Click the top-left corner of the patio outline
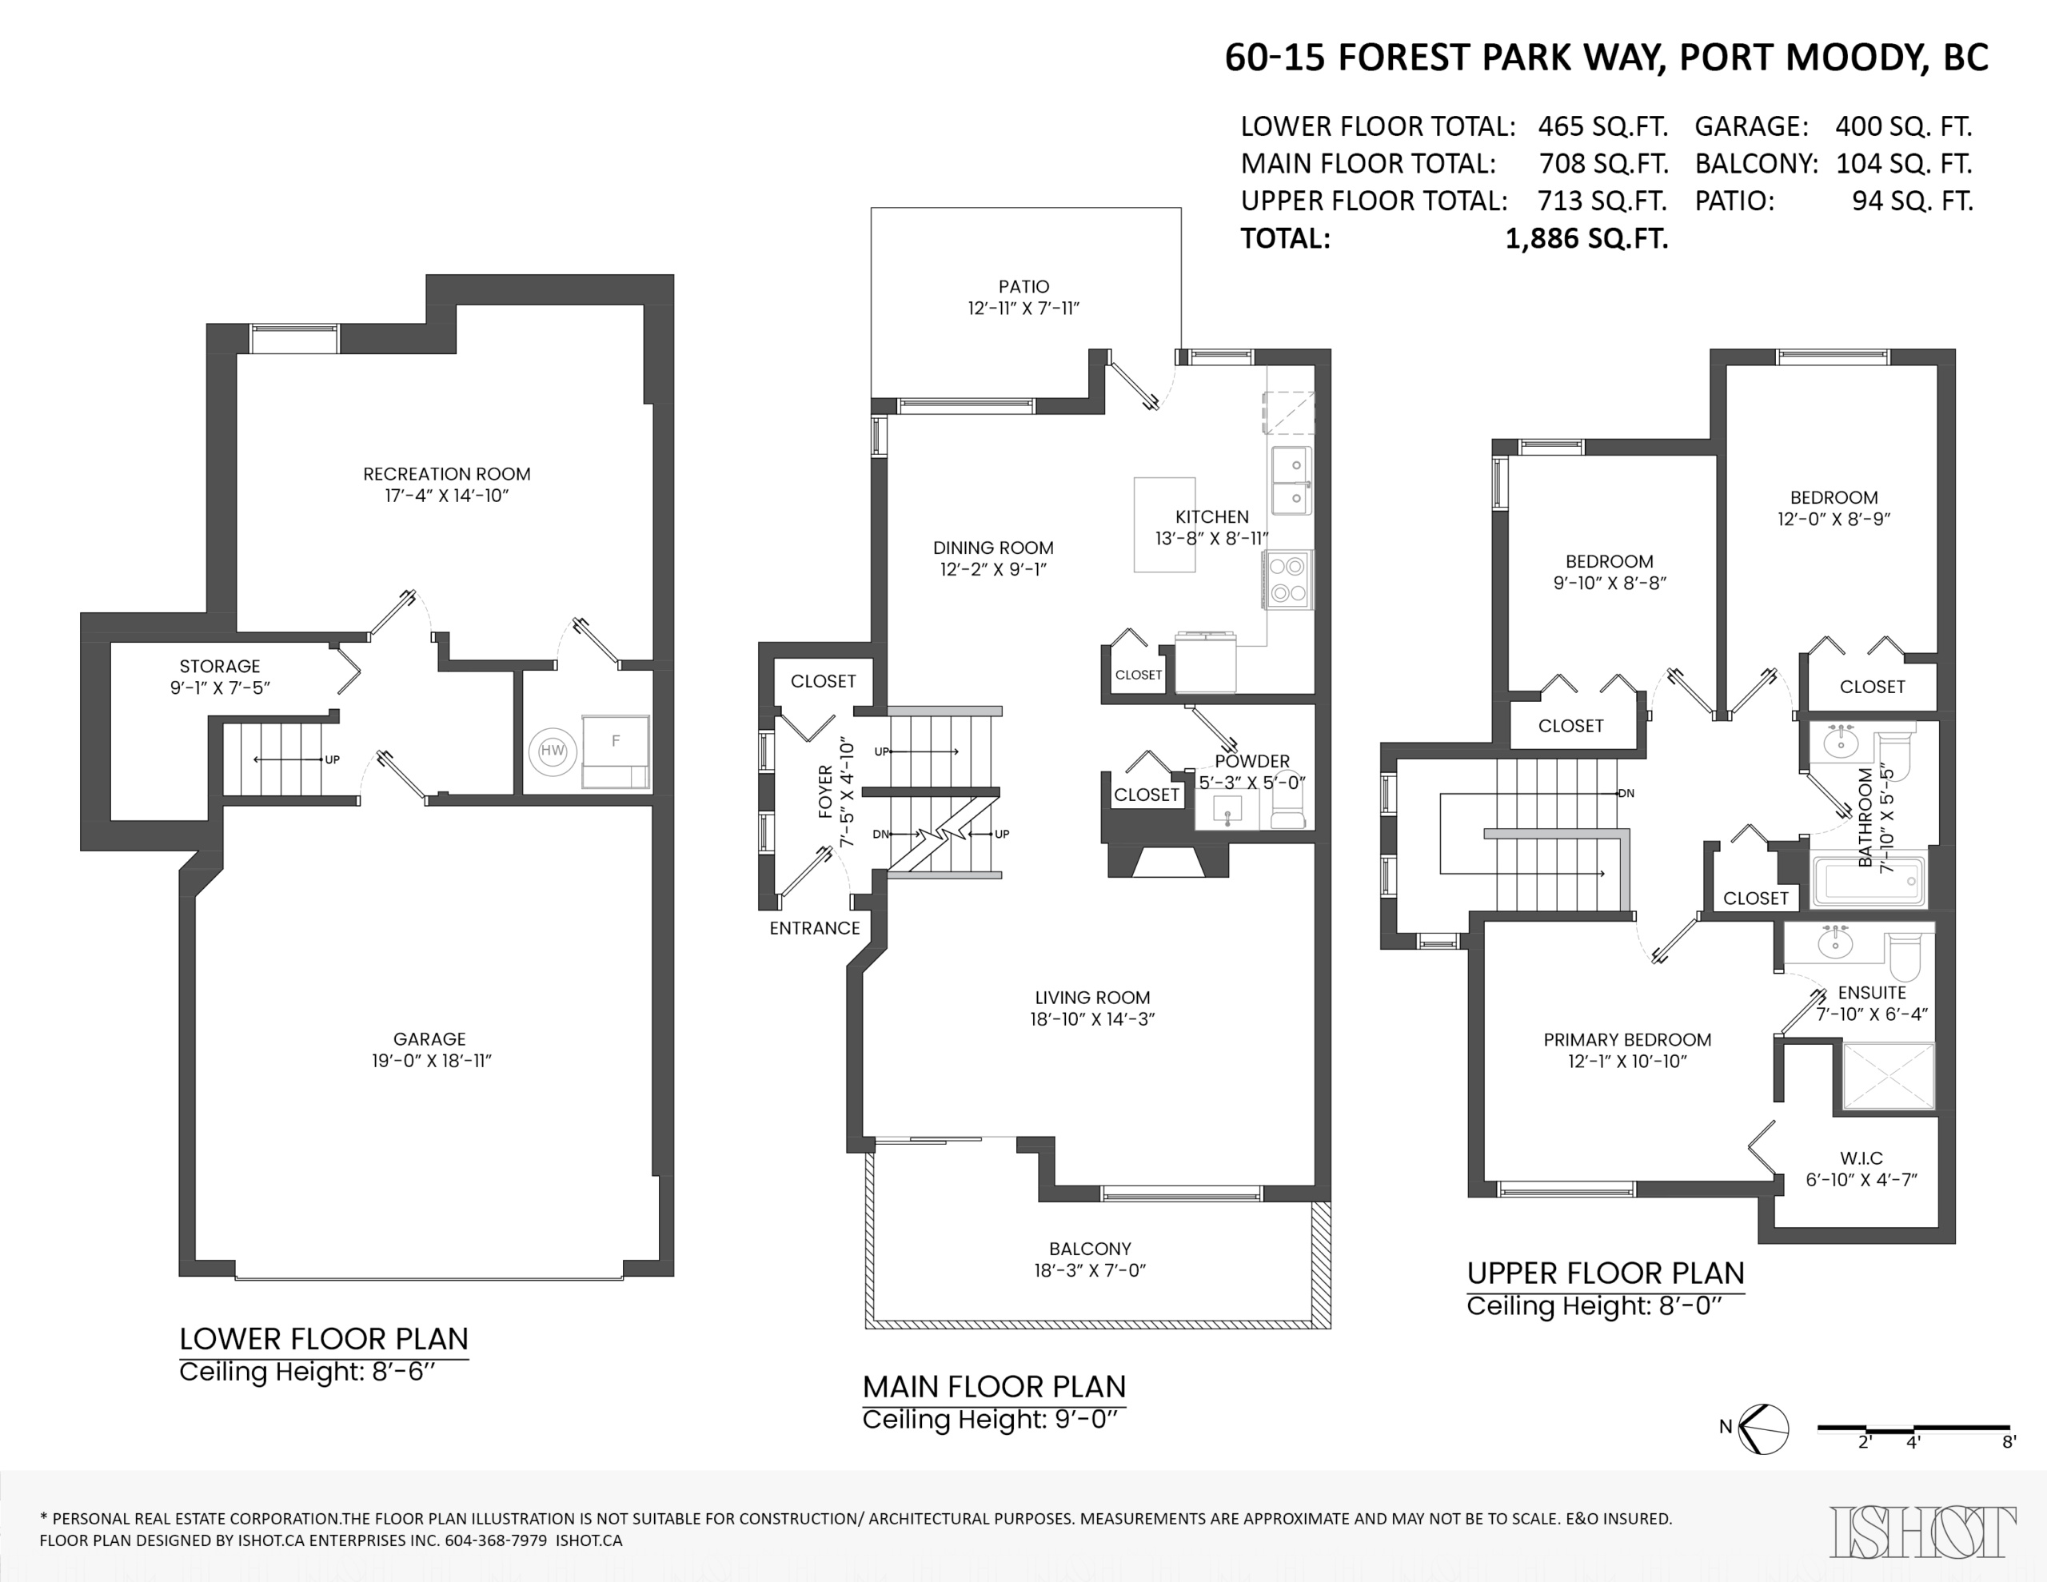872,208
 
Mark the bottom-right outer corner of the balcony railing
1330,1328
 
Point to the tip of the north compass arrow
1741,1429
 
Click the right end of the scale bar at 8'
2009,1429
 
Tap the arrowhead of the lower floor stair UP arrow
255,760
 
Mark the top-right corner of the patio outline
1181,208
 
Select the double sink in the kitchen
1291,480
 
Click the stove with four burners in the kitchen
1289,580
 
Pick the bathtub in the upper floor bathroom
1868,881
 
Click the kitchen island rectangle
1164,525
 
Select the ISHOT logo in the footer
1921,1532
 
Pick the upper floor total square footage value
1602,201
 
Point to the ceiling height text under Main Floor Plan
991,1419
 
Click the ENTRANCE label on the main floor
815,928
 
